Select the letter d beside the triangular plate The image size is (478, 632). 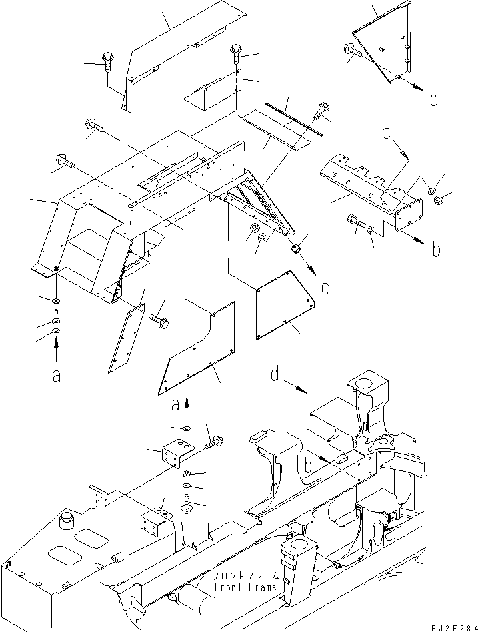[434, 101]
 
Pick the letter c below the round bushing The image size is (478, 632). [325, 289]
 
